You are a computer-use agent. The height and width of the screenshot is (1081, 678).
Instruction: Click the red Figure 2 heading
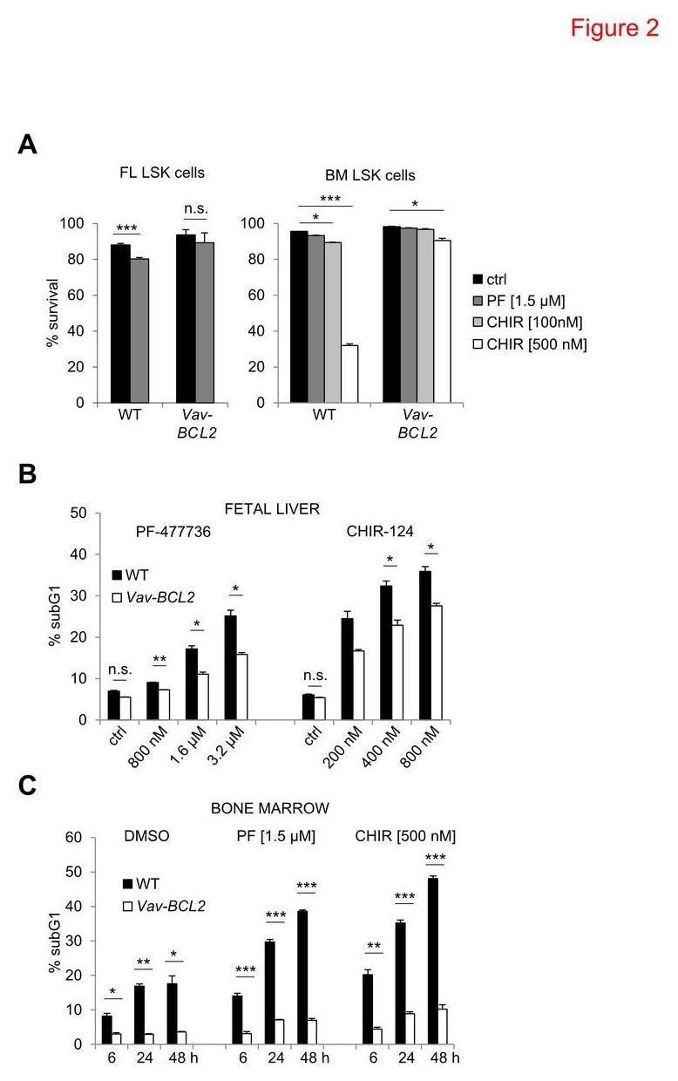click(x=614, y=28)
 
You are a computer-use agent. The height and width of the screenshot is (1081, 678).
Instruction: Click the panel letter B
click(x=28, y=475)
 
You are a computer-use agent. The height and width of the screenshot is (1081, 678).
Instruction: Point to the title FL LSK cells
click(x=163, y=173)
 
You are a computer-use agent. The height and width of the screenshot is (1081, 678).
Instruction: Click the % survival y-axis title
click(x=53, y=313)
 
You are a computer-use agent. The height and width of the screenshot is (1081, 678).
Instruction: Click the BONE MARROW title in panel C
click(x=281, y=808)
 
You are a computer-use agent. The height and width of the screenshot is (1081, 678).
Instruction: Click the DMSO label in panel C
click(x=146, y=837)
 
